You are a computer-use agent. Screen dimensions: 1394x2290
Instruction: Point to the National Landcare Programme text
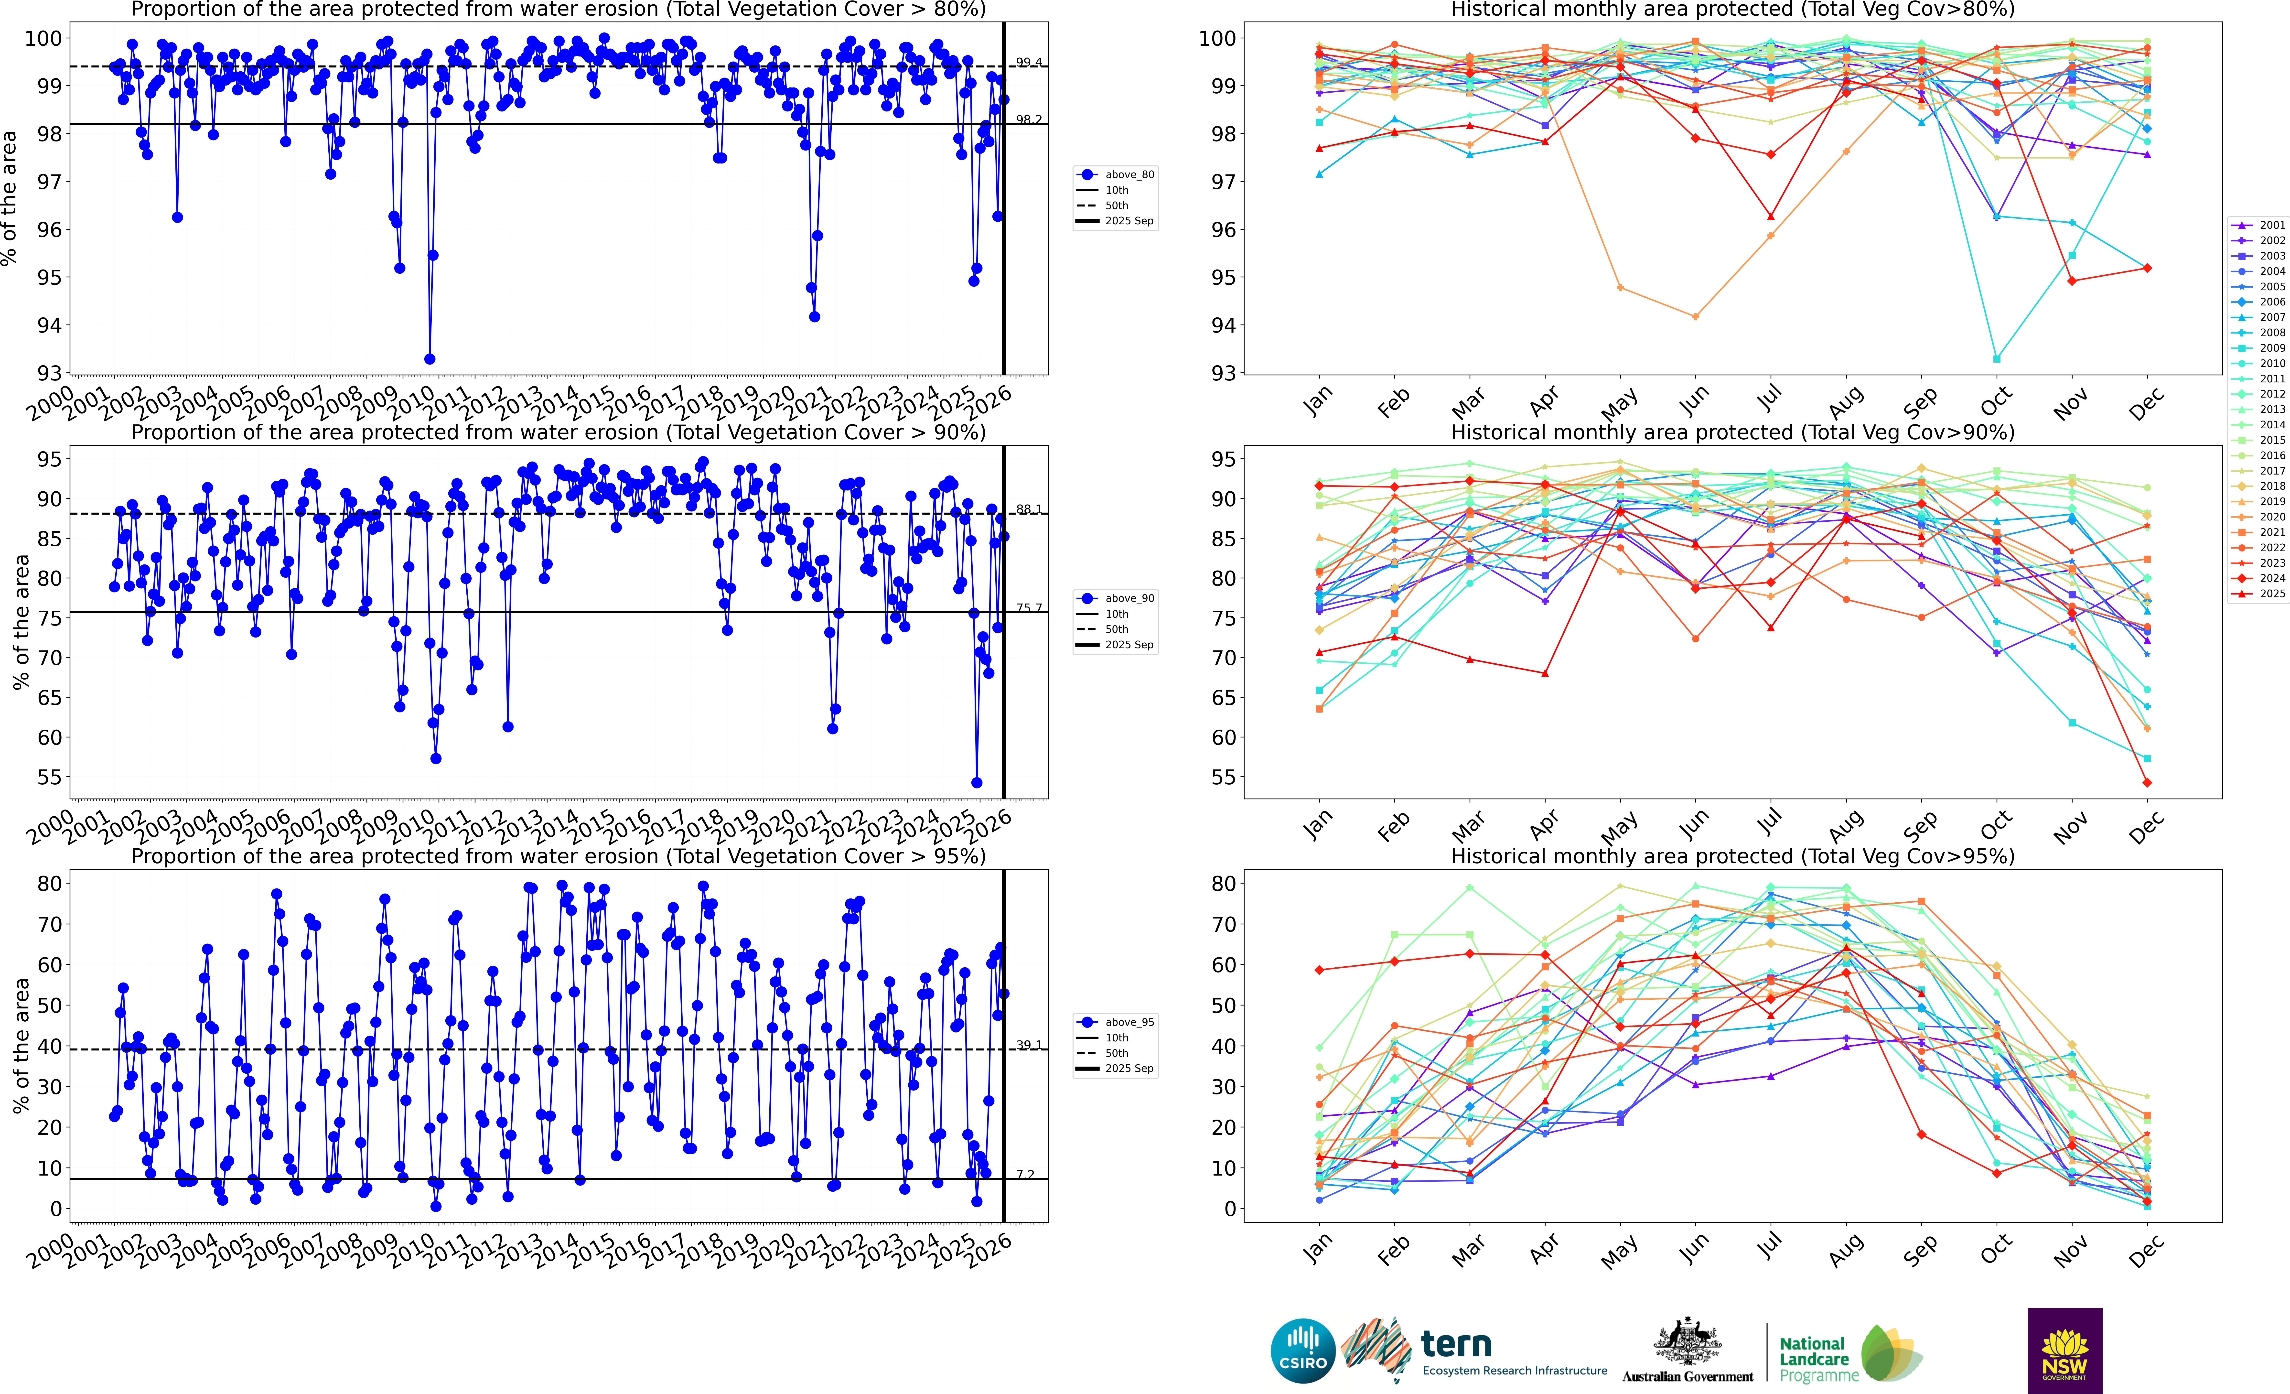point(1818,1359)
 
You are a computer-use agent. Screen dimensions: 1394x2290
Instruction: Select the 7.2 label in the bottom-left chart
point(1025,1175)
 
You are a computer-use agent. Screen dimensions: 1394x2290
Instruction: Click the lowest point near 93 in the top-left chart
point(429,359)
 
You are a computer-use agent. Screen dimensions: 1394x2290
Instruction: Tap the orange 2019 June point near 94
point(1695,317)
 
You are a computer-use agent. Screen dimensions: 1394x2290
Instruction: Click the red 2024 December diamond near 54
point(2147,782)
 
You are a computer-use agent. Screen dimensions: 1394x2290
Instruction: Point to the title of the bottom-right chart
point(1732,856)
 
